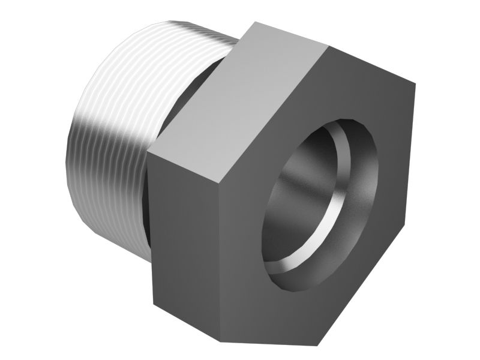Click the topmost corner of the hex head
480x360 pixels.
257,23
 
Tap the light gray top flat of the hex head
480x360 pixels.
240,96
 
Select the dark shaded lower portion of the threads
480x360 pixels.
108,198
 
